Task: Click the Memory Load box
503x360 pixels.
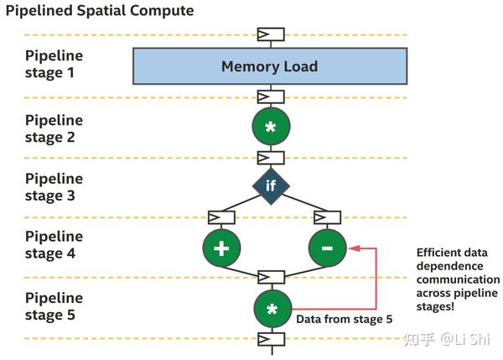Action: coord(270,65)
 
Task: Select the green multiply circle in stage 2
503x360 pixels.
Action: coord(271,128)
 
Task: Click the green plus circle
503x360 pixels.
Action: coord(221,248)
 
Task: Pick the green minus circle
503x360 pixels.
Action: coord(327,248)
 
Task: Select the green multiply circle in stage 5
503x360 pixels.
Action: coord(271,308)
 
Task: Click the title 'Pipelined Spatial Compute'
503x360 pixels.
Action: coord(100,11)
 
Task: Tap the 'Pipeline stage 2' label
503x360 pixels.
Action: coord(54,128)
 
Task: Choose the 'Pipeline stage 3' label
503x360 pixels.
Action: coord(54,187)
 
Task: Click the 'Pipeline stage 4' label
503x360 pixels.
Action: coord(54,245)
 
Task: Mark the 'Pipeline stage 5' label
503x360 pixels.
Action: coord(54,306)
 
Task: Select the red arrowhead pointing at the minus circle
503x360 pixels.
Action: coord(353,248)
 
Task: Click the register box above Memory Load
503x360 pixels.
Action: coord(271,34)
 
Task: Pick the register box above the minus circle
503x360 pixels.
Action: coord(326,218)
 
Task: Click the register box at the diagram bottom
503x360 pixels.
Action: coord(271,339)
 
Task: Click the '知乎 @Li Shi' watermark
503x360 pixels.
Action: coord(445,339)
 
